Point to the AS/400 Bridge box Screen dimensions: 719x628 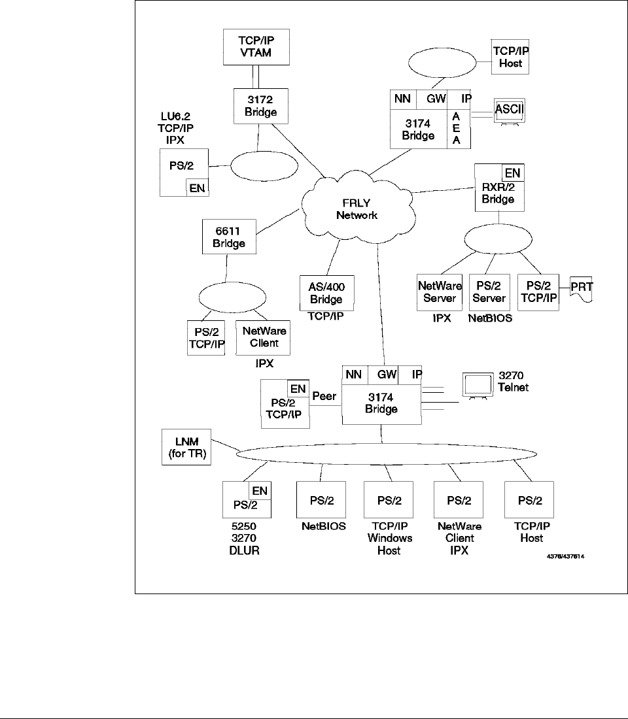coord(326,292)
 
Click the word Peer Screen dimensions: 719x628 coord(325,397)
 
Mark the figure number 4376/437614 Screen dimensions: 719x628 coord(566,557)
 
